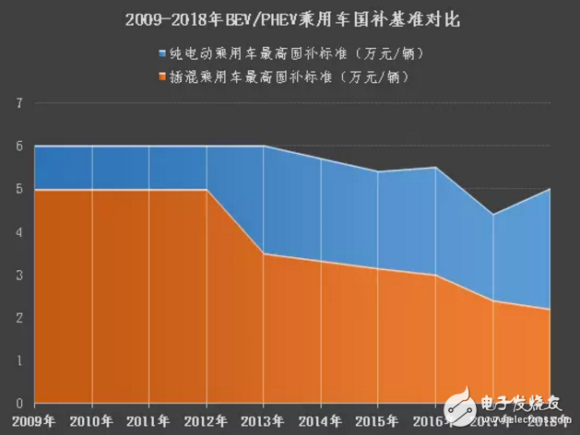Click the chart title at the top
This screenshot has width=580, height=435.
[x=289, y=18]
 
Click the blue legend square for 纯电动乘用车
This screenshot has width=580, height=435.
[x=163, y=53]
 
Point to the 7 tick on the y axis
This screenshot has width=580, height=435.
[x=18, y=103]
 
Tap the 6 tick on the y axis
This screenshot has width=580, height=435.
[x=18, y=147]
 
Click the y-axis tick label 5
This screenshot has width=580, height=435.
[x=18, y=189]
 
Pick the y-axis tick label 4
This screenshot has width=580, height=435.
[x=18, y=232]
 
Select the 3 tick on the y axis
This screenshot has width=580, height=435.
[x=18, y=275]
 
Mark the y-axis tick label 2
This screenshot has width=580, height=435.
[x=18, y=318]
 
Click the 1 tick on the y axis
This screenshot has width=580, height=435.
[x=18, y=360]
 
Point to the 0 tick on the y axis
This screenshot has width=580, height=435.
[x=18, y=404]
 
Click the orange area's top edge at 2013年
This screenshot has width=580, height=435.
[x=264, y=253]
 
